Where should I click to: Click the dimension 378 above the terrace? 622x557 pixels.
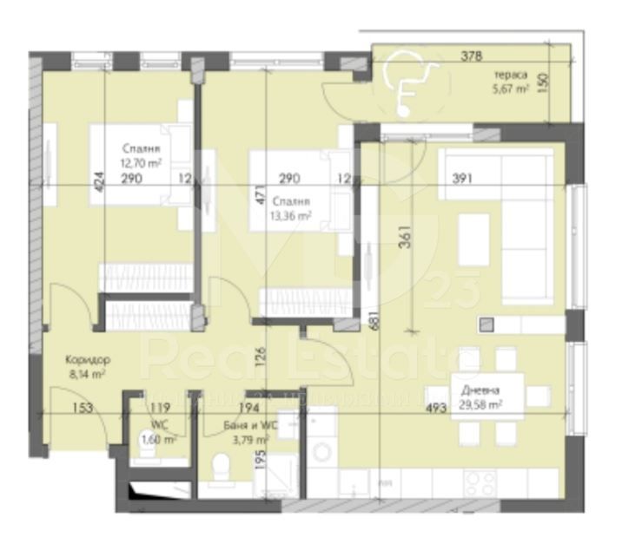[x=470, y=58]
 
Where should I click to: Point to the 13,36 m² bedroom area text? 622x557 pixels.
[x=292, y=217]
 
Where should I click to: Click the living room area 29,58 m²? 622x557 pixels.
[x=482, y=404]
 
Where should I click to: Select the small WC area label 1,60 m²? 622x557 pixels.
[x=159, y=440]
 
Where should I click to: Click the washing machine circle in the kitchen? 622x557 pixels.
[x=321, y=450]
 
